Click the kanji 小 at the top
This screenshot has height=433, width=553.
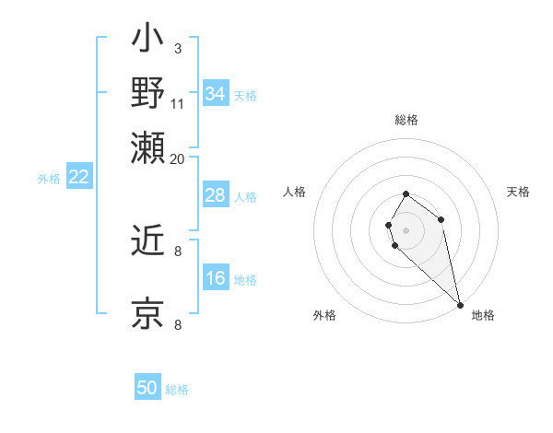(147, 41)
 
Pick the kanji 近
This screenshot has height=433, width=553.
(147, 242)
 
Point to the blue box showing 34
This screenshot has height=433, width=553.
(215, 93)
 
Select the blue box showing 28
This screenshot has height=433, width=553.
(215, 195)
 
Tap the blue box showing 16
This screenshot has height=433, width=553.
(215, 278)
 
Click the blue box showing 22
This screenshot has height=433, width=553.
(78, 177)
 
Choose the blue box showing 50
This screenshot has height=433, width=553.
(147, 388)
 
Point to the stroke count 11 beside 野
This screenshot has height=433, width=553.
(178, 102)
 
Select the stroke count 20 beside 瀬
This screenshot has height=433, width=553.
(178, 158)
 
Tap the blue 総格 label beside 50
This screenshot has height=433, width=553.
(177, 390)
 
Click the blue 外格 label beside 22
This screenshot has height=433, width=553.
(49, 179)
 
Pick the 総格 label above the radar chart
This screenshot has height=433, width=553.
(406, 120)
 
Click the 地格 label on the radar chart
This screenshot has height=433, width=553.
(483, 315)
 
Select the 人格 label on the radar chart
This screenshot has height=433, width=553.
(294, 192)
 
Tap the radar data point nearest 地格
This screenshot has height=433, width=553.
(460, 305)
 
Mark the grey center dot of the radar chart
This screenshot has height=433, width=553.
(406, 229)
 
